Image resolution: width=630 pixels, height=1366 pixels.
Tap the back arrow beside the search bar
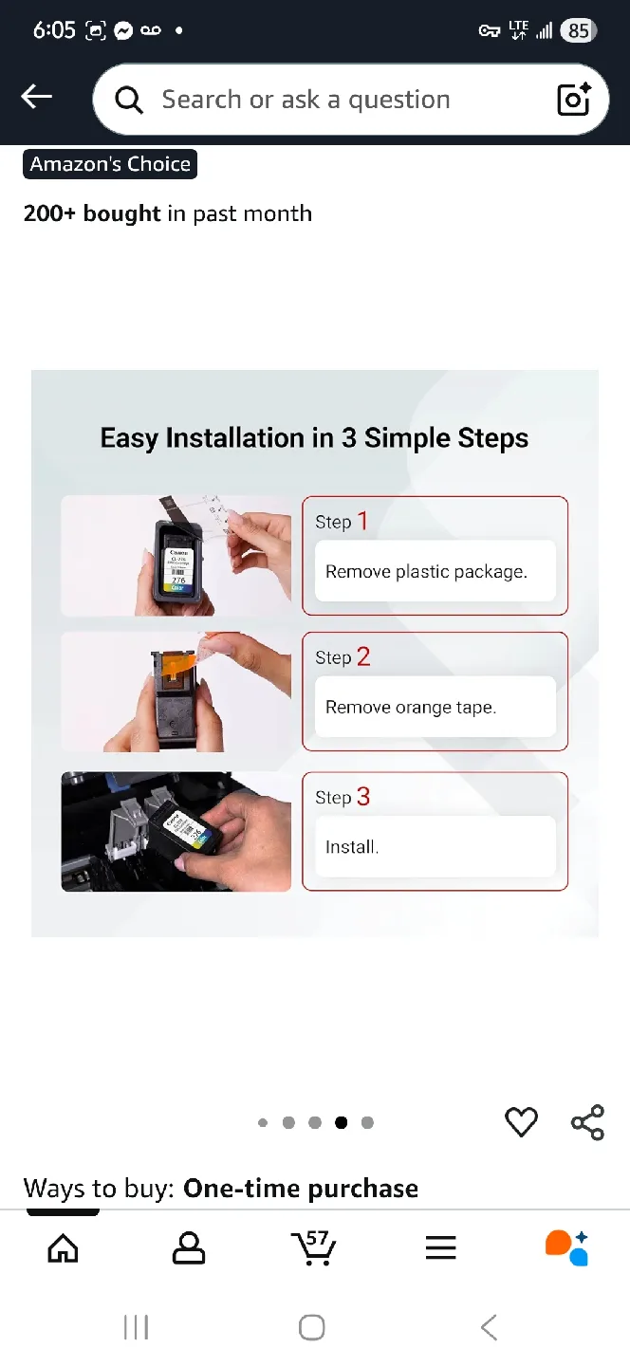[x=37, y=97]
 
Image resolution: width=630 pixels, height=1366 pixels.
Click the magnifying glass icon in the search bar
[x=129, y=100]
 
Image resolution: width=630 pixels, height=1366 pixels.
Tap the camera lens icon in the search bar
[x=574, y=100]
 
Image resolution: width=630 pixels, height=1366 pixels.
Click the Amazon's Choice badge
[x=110, y=164]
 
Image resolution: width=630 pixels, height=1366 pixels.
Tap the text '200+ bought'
[x=92, y=213]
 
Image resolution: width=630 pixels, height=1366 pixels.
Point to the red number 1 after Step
[x=362, y=521]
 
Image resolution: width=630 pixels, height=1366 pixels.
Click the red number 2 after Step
[x=362, y=656]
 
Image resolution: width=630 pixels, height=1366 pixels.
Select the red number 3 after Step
[x=362, y=797]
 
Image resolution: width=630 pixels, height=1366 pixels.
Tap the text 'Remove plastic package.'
[x=426, y=572]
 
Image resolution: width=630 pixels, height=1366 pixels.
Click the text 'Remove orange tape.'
[x=411, y=708]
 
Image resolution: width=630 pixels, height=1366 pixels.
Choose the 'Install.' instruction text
[x=352, y=847]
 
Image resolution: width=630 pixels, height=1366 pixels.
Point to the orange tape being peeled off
[x=188, y=655]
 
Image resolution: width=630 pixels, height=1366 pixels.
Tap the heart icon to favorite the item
[x=521, y=1122]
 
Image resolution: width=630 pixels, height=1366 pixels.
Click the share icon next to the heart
[x=587, y=1122]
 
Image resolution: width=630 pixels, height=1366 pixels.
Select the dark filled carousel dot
[x=341, y=1123]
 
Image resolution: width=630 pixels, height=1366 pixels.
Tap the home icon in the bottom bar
[x=63, y=1248]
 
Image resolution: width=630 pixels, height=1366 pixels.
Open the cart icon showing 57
[x=314, y=1248]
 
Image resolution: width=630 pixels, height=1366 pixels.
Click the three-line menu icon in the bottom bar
[x=441, y=1248]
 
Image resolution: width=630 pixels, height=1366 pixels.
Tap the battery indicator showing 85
[x=577, y=30]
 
